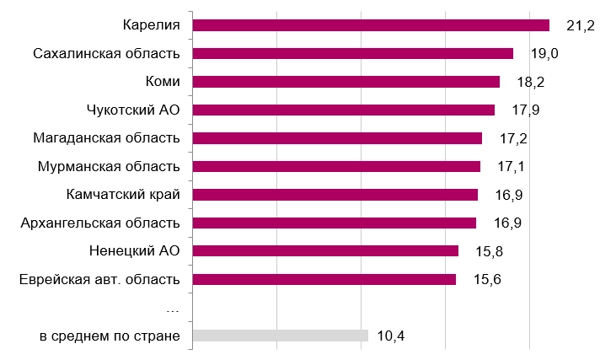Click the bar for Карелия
(x=371, y=25)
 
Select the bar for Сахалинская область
(x=353, y=54)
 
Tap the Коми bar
(x=346, y=82)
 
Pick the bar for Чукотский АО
(x=344, y=110)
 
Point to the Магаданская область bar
(x=337, y=138)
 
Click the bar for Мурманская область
(x=336, y=166)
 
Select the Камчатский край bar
(x=335, y=195)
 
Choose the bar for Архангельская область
(x=335, y=223)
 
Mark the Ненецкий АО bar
(x=325, y=250)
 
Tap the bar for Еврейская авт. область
(x=324, y=279)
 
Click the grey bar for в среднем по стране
(x=281, y=336)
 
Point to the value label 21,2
(x=581, y=26)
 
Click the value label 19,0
(x=545, y=54)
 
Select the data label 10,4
(x=392, y=336)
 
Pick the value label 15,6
(x=486, y=280)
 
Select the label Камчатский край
(x=123, y=195)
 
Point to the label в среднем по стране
(x=110, y=336)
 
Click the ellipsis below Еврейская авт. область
(x=173, y=309)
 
